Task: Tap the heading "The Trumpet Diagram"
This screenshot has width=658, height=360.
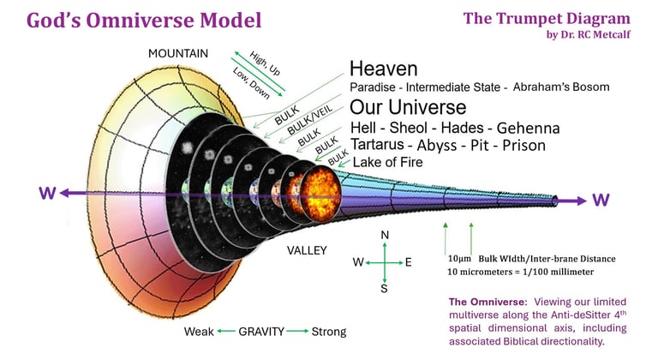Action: (x=547, y=18)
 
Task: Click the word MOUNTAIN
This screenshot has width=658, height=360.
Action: (x=178, y=53)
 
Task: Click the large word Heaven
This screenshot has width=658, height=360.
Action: (x=383, y=69)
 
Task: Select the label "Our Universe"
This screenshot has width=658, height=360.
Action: (x=408, y=108)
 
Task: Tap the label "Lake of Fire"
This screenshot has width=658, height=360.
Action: (x=387, y=162)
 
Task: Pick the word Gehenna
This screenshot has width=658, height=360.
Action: (x=529, y=128)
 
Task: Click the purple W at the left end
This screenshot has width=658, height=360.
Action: (x=48, y=195)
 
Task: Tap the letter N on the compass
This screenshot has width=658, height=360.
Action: (x=385, y=235)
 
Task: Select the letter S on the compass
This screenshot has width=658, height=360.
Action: (x=384, y=289)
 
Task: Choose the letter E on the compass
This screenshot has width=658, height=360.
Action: (x=409, y=262)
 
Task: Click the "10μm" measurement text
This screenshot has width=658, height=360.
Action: (x=460, y=258)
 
